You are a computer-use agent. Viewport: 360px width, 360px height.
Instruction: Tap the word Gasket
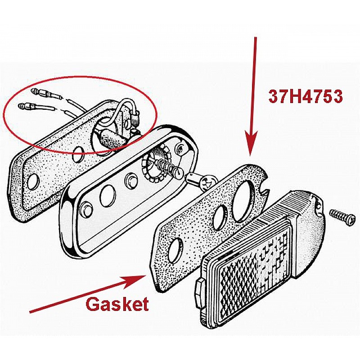pos(117,304)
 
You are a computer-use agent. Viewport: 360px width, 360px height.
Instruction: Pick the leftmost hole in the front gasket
pos(175,249)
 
